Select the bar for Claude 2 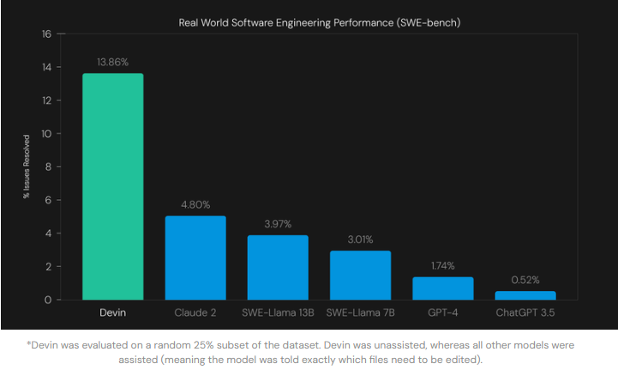[195, 258]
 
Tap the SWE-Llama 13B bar [278, 267]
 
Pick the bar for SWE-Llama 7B [360, 275]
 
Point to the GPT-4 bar [442, 288]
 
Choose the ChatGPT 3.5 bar [525, 295]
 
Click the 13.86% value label [113, 63]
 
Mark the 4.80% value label [195, 205]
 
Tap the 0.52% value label [525, 281]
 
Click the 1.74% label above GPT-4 [442, 266]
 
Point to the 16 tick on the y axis [47, 34]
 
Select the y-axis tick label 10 [47, 134]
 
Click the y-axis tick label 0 [49, 300]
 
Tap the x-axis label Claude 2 [195, 312]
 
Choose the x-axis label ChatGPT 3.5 [525, 312]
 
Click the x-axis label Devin [113, 312]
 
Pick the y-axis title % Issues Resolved [27, 167]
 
